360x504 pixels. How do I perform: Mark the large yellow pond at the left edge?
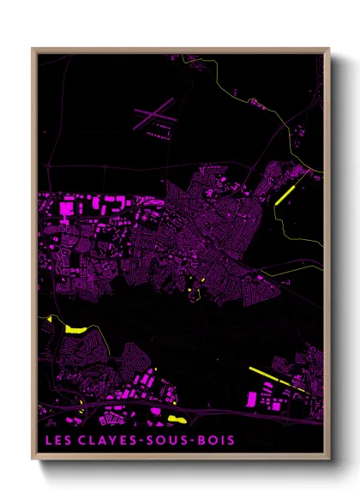pos(75,327)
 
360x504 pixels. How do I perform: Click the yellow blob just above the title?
pos(177,419)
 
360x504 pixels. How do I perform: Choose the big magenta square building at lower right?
pos(252,399)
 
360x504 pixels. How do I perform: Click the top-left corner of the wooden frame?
pos(33,49)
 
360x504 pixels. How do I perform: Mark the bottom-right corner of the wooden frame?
pos(329,459)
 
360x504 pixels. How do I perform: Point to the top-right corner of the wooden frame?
pos(329,49)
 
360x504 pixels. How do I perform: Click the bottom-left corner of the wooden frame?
pos(33,459)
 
